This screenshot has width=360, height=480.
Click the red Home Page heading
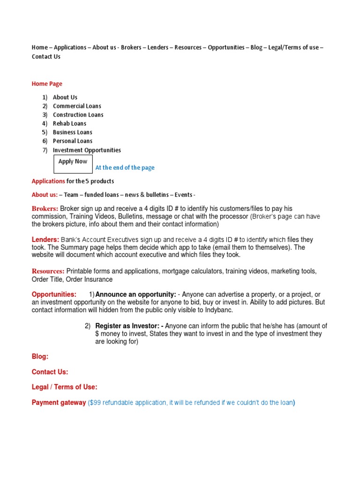click(x=47, y=84)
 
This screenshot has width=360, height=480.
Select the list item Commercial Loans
click(x=77, y=106)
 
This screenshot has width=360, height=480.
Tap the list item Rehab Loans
click(x=69, y=123)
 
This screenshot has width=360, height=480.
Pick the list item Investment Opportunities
click(x=87, y=150)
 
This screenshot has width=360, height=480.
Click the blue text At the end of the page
click(x=125, y=168)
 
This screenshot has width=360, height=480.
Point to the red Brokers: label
click(x=45, y=209)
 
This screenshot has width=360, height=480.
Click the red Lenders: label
click(x=45, y=240)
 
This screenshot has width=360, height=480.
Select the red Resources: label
click(x=48, y=271)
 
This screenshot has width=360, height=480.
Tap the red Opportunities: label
click(x=54, y=294)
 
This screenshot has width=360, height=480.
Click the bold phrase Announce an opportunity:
click(x=135, y=294)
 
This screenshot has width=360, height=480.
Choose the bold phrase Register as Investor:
click(x=129, y=326)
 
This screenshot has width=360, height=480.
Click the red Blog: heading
click(x=40, y=357)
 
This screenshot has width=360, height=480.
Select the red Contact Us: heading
click(x=50, y=372)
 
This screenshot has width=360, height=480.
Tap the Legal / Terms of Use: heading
click(x=65, y=387)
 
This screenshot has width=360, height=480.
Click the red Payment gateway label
click(x=59, y=403)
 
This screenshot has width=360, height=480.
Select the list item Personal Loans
click(x=73, y=141)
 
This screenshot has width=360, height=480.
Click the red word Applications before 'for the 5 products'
click(x=48, y=181)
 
